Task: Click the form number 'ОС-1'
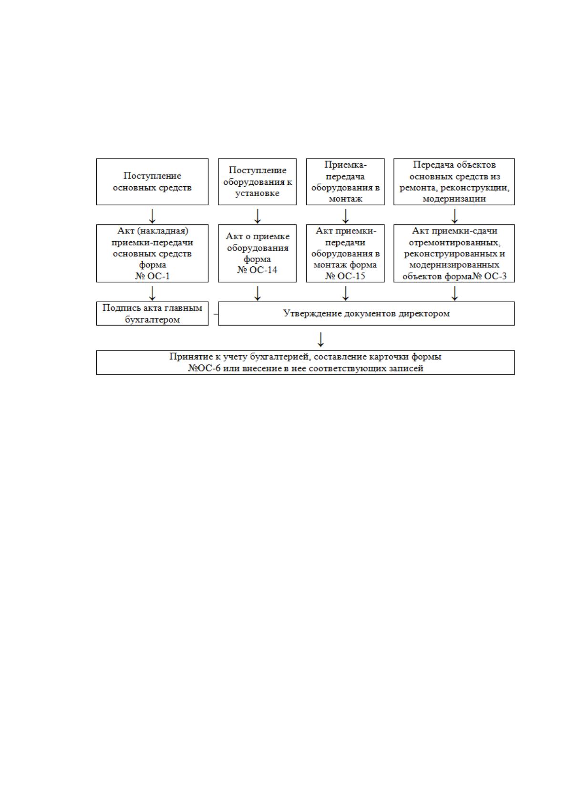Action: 158,276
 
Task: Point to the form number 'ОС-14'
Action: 263,270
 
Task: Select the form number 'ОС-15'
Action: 351,276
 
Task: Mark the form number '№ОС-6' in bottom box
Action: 205,368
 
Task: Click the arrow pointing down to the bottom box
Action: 321,339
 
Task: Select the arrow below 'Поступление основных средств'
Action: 152,216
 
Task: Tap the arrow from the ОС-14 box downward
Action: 257,293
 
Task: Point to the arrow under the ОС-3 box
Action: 454,293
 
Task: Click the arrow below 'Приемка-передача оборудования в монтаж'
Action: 345,216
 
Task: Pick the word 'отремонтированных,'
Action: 454,242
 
